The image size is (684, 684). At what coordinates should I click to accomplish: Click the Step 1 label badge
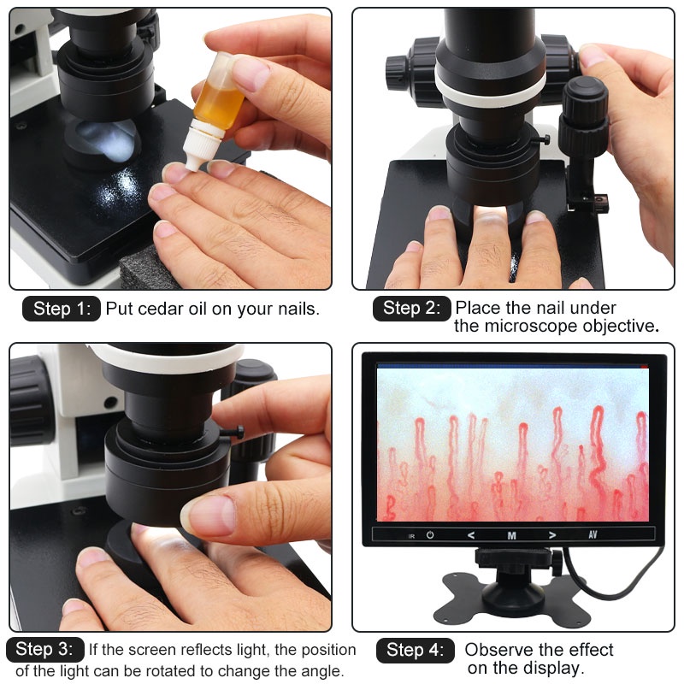coord(62,309)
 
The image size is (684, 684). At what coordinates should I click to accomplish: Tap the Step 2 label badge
coord(412,309)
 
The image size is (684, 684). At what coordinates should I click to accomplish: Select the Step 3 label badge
coord(45,650)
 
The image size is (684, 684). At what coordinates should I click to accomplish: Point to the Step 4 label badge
coord(416,651)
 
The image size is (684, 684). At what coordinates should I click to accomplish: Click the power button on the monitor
coord(430,535)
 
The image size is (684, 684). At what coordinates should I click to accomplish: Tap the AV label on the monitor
coord(593,534)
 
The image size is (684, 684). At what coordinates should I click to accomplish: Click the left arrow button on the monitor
coord(471,535)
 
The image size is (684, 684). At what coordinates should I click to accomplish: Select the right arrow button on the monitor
coord(552,535)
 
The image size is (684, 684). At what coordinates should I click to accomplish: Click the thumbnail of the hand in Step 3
coord(210,516)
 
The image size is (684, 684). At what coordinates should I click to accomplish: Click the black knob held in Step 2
coord(584,115)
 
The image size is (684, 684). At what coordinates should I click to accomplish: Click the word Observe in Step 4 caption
coord(498,650)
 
